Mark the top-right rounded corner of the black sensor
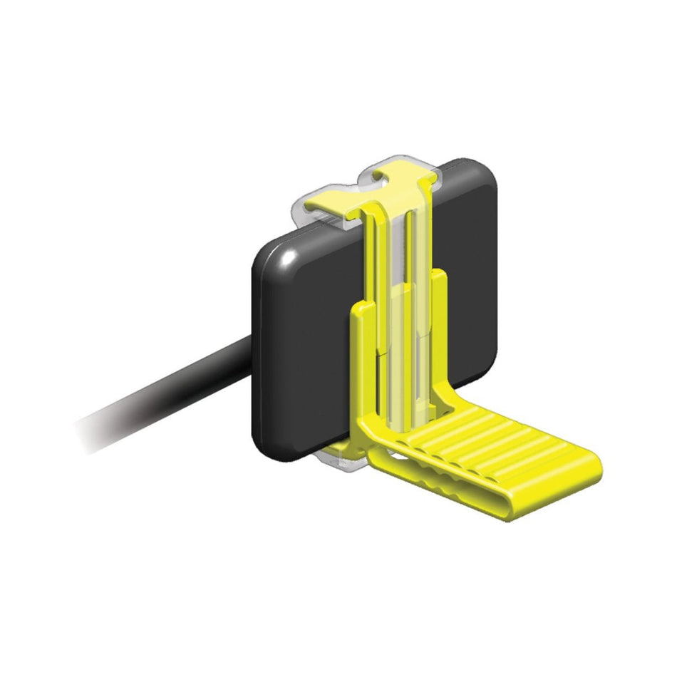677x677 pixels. (x=485, y=175)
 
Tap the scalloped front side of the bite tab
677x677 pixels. (x=456, y=492)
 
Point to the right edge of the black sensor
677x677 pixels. (x=494, y=285)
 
